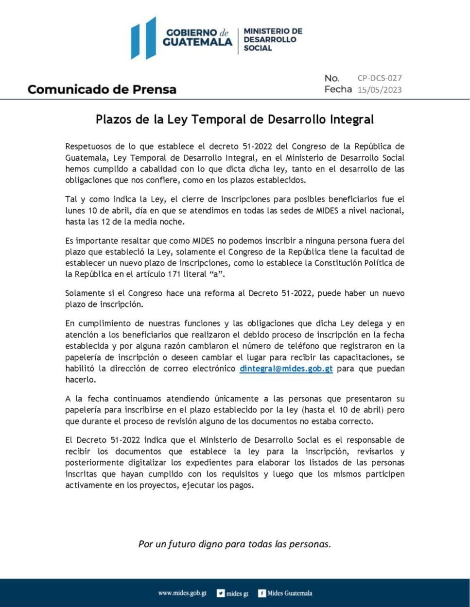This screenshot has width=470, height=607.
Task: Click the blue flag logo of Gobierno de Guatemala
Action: coord(143,38)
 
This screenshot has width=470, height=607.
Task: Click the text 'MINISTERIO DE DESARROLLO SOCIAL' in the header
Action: coord(273,39)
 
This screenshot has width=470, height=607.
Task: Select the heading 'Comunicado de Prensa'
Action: coord(102,89)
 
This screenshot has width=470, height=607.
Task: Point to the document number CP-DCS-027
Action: coord(380,78)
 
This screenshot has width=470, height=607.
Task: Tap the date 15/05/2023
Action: coord(380,89)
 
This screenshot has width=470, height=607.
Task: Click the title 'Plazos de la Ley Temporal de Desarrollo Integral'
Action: coord(235,119)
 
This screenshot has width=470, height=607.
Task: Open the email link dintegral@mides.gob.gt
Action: coord(286,369)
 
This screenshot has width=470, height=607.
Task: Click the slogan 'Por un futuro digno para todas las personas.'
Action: coord(235,543)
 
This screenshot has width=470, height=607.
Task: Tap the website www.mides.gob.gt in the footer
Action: coord(182,593)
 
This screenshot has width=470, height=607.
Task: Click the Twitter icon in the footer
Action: coord(221,593)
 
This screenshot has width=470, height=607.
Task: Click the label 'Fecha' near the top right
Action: coord(338,89)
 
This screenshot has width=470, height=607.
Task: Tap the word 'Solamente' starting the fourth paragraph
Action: coord(85,293)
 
